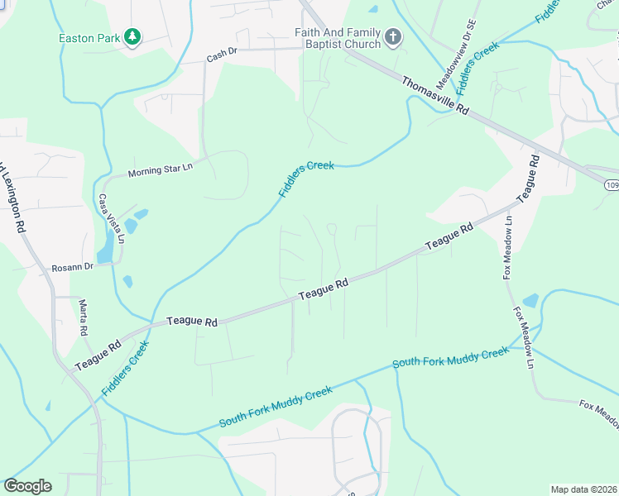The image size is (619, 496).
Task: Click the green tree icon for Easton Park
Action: pos(132,37)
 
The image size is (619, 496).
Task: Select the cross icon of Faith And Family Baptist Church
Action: pos(393,37)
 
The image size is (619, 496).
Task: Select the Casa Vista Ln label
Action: pos(111,218)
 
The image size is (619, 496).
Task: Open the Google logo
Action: pos(27,486)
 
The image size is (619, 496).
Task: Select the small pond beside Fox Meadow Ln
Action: pos(530,300)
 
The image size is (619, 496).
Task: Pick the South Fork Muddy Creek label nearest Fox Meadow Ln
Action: pos(450,358)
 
